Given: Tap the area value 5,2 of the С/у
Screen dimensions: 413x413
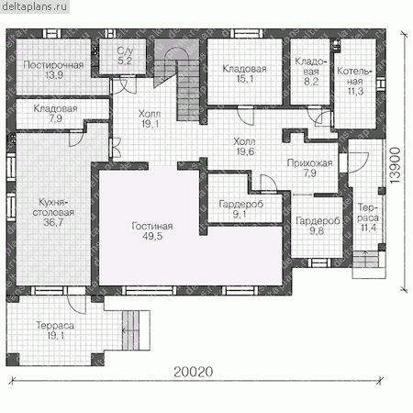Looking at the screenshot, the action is coord(125,61).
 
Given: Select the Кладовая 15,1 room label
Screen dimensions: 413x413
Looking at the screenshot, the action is coord(244,73).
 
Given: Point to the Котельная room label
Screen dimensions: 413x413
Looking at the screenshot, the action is coord(354,81).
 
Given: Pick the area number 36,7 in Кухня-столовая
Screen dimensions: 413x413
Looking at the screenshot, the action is coord(53,222).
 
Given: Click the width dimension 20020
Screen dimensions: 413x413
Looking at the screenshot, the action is coord(194,372).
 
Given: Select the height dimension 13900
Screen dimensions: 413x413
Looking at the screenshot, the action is coord(396,165).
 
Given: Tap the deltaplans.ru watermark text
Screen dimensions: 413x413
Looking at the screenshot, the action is coord(34,6).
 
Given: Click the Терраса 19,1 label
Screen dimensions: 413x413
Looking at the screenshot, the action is coord(55,330).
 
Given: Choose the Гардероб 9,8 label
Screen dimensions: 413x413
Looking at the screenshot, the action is coord(318,226).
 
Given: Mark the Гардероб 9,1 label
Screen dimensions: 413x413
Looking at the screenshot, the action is coord(241,209).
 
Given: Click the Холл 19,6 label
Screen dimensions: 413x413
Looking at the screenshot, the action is coord(244,146).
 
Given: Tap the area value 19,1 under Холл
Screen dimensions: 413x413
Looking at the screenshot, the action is coord(150,124).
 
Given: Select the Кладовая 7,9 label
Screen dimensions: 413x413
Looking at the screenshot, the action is coord(55,113).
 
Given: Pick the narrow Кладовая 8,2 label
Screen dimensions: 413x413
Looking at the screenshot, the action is coord(311,72).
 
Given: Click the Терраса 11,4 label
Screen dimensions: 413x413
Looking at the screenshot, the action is coord(368,218).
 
